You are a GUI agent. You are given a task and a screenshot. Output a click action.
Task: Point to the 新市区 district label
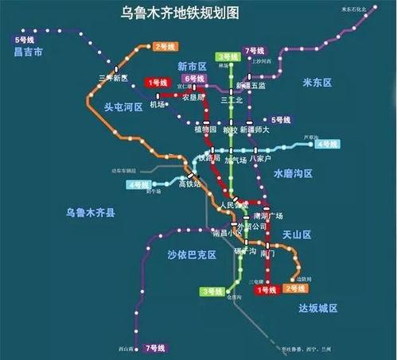pyautogui.click(x=193, y=66)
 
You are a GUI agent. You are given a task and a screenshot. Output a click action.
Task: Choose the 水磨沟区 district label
pyautogui.click(x=294, y=172)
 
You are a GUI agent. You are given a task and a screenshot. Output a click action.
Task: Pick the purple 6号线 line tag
pyautogui.click(x=194, y=79)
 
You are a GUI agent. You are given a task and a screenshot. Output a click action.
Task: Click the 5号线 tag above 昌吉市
pyautogui.click(x=24, y=38)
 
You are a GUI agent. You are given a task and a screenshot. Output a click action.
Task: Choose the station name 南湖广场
pyautogui.click(x=267, y=216)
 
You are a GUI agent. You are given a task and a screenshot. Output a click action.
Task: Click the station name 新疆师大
pyautogui.click(x=254, y=129)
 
